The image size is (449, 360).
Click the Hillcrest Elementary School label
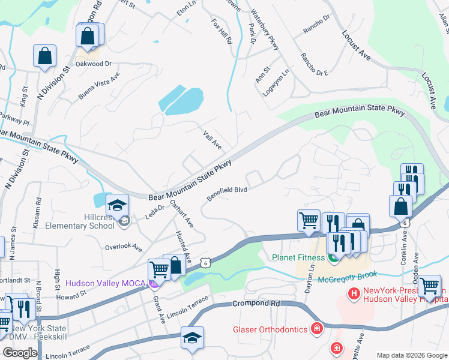[89, 221]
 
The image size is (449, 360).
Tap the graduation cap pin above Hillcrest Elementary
[118, 205]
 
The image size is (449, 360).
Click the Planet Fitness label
[297, 258]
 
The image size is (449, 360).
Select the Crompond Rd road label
[256, 304]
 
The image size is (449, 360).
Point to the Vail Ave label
[212, 142]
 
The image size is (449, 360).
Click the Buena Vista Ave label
[99, 86]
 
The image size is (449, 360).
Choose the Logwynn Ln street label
[276, 82]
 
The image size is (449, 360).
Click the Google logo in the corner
[20, 352]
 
